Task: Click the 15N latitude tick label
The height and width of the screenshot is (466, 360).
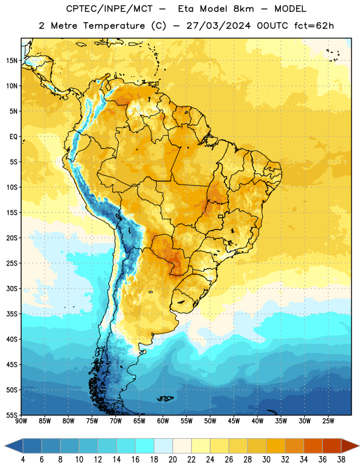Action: (12, 61)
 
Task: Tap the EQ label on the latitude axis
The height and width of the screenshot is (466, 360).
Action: (13, 137)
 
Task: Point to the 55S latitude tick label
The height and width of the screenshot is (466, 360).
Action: (12, 415)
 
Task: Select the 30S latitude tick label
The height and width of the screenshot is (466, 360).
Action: (12, 288)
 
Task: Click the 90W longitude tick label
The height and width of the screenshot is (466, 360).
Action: (21, 421)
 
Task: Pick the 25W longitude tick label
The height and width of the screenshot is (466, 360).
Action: (328, 421)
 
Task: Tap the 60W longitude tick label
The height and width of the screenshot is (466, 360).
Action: (163, 421)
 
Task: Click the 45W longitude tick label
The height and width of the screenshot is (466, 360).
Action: (234, 421)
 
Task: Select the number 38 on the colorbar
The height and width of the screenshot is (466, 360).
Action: (341, 460)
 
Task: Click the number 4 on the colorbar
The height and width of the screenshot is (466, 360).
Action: (23, 460)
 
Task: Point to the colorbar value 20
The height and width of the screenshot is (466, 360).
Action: (172, 460)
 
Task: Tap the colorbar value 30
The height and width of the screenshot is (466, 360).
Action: (266, 460)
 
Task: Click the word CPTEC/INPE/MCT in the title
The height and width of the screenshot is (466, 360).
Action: (109, 9)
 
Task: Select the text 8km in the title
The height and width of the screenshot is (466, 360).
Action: (243, 9)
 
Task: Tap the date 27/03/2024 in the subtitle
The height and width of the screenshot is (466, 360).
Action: (218, 26)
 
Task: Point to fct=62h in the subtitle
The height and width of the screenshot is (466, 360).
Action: (314, 26)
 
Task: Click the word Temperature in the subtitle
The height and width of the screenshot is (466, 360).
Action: (114, 26)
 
